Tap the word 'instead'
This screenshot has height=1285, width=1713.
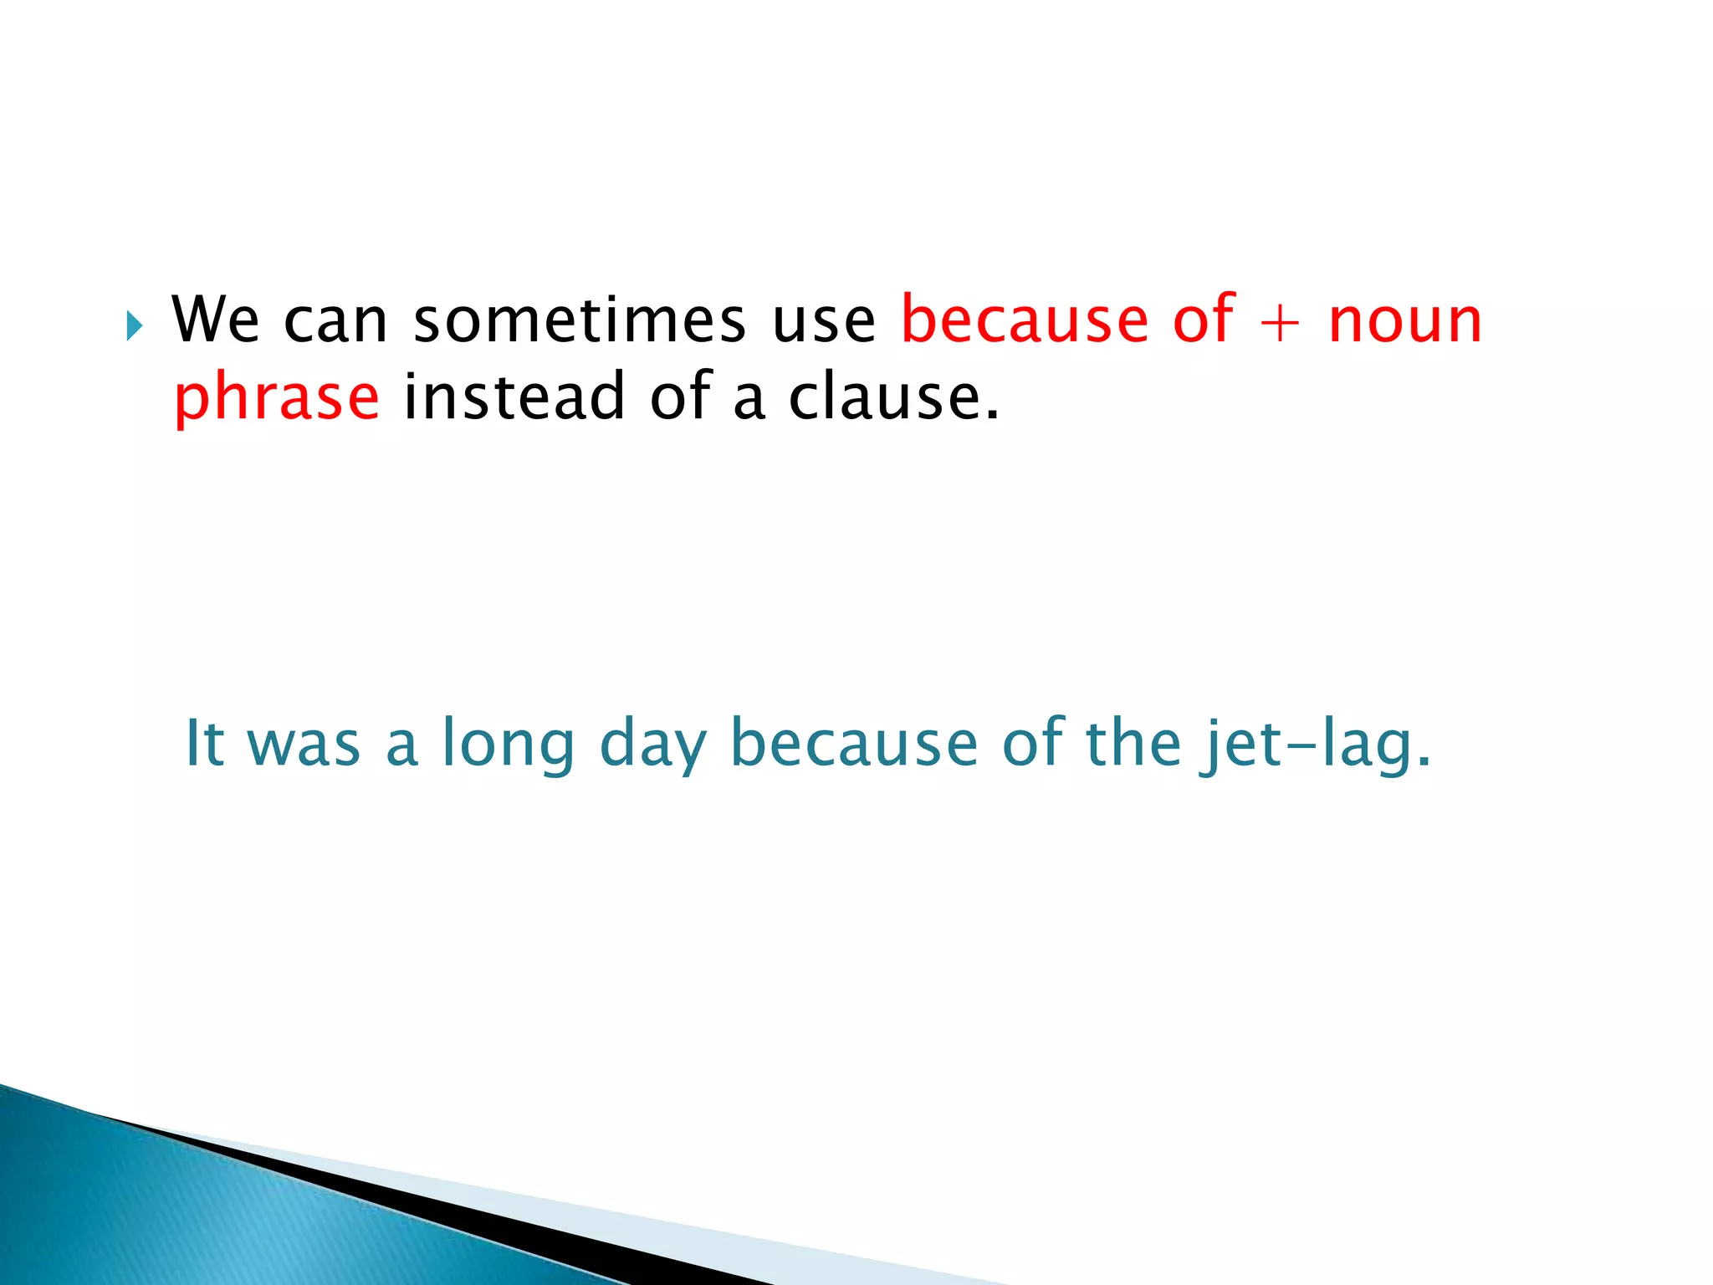(x=514, y=397)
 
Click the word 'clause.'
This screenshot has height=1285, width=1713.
(x=893, y=397)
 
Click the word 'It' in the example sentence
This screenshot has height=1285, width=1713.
(x=203, y=742)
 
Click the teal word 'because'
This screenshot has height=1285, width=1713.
(x=853, y=742)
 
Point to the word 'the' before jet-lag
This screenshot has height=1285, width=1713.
(x=1133, y=742)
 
